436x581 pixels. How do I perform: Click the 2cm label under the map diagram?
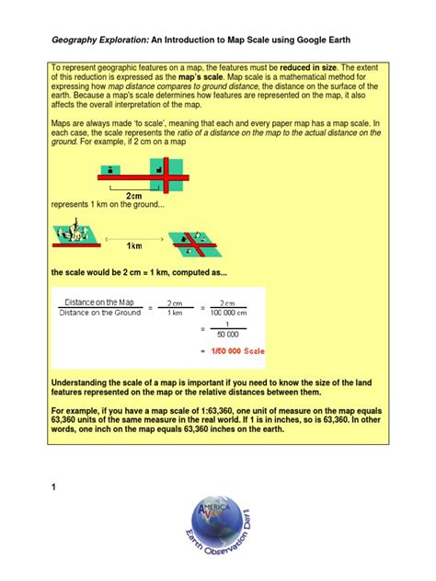pyautogui.click(x=134, y=196)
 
